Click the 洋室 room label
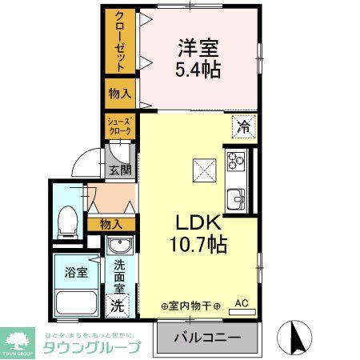tap(198, 47)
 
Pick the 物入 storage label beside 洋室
tap(120, 94)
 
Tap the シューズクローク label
tap(119, 126)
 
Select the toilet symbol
tap(69, 218)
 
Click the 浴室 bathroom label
tap(76, 270)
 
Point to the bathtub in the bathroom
tap(77, 306)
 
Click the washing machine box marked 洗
tap(118, 305)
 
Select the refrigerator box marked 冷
tap(243, 126)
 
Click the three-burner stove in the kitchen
tap(237, 162)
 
